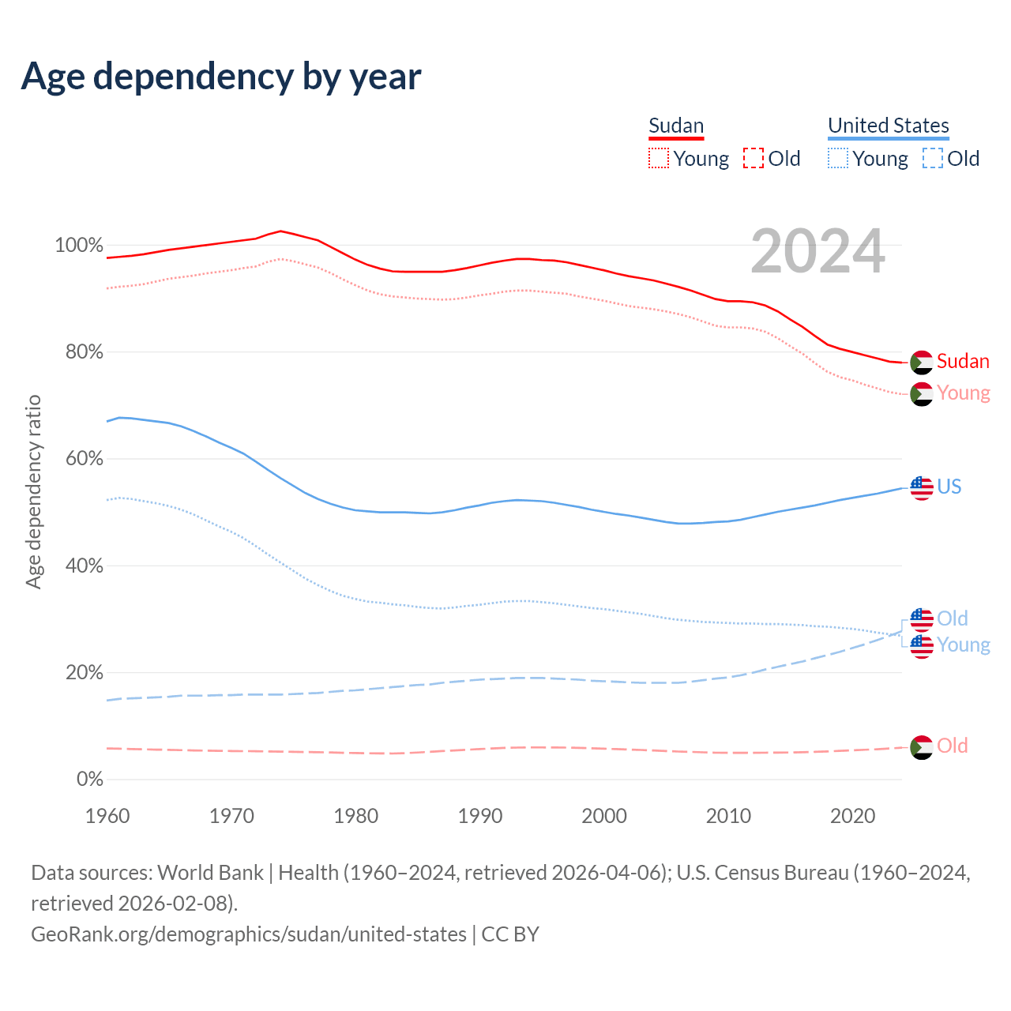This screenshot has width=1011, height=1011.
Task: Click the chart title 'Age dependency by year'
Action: tap(221, 77)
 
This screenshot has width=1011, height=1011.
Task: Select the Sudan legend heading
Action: tap(676, 126)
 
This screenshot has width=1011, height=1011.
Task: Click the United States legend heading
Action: tap(888, 126)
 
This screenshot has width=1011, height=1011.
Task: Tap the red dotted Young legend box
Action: tap(658, 158)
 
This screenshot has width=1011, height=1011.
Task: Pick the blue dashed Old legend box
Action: tap(932, 158)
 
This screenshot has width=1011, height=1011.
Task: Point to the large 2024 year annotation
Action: tap(817, 252)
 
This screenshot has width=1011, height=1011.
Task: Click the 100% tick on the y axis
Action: tap(79, 246)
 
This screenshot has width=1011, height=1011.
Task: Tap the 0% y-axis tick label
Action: tap(89, 780)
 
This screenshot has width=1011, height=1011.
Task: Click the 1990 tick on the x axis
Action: tap(480, 816)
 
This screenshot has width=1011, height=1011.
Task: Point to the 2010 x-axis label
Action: tap(728, 816)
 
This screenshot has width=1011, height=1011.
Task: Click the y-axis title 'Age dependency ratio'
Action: tap(34, 491)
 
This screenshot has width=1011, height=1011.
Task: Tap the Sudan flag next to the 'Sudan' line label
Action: tap(921, 363)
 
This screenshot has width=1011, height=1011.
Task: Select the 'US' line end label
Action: tap(949, 487)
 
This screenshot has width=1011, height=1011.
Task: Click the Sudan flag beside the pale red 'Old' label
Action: tap(921, 747)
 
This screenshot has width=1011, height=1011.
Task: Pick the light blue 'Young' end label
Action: tap(964, 645)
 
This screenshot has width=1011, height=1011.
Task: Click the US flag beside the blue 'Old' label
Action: tap(921, 619)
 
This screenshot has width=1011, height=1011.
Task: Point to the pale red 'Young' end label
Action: tap(964, 393)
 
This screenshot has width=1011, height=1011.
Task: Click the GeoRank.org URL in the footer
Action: tap(249, 934)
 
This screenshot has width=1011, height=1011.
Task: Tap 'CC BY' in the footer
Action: tap(510, 934)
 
